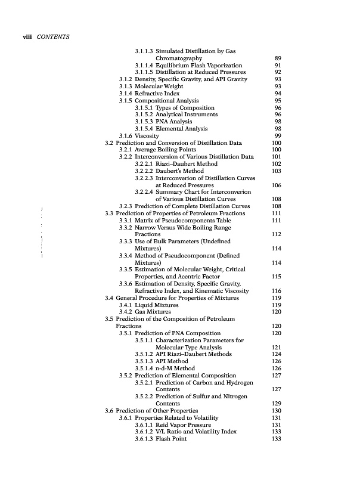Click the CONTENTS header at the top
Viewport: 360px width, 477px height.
[x=54, y=38]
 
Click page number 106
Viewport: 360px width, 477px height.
[x=276, y=185]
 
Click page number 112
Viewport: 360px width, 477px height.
[x=276, y=234]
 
